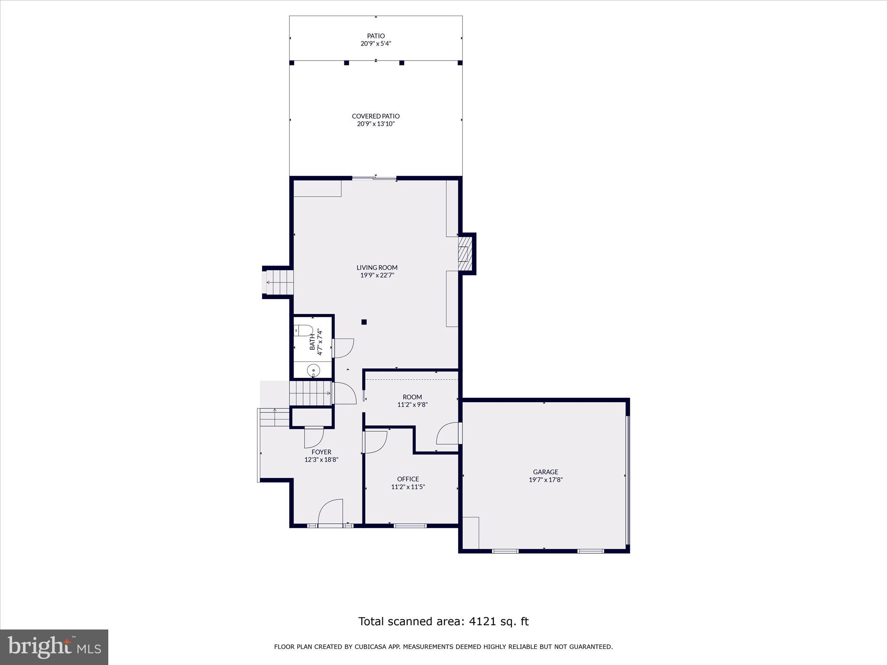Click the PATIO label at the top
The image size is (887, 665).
coord(376,36)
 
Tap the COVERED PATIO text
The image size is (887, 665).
coord(376,116)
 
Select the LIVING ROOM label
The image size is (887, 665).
coord(377,268)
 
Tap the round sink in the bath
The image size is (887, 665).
coord(313,371)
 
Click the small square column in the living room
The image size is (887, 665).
coord(364,322)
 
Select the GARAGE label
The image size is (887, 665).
coord(545,472)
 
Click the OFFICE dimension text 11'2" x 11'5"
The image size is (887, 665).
coord(408,487)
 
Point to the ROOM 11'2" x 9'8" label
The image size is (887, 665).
coord(412,401)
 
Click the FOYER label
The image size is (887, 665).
coord(321,452)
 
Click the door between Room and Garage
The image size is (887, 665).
coord(448,434)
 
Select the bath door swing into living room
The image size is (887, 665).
coord(343,348)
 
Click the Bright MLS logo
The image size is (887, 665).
coord(54,647)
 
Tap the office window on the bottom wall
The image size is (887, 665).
coord(410,526)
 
